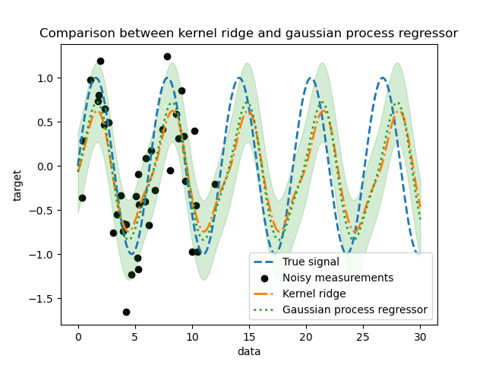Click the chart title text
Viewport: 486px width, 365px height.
(248, 33)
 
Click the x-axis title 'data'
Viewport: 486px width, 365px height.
(248, 351)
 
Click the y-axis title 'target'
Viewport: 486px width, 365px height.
(17, 185)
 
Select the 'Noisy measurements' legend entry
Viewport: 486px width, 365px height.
(337, 278)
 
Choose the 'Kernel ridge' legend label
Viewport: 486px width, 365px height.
(314, 294)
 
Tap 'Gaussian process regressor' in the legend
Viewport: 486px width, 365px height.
(355, 310)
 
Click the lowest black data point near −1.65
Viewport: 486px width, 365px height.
(126, 312)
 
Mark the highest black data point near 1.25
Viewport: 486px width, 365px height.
(167, 56)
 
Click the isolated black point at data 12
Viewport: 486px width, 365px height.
(215, 184)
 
